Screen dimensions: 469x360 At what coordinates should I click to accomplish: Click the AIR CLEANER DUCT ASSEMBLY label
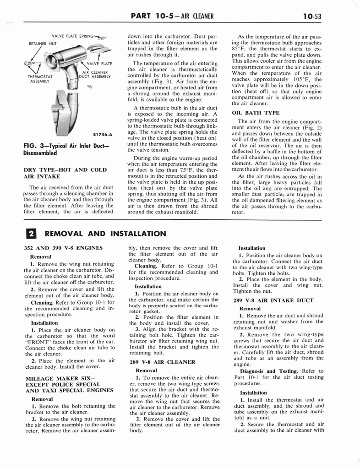pyautogui.click(x=95, y=74)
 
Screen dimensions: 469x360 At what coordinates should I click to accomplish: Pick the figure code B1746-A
pyautogui.click(x=102, y=135)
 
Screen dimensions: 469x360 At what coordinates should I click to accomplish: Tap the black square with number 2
pyautogui.click(x=27, y=234)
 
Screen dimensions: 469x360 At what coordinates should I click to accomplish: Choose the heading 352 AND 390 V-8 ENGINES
pyautogui.click(x=63, y=248)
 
